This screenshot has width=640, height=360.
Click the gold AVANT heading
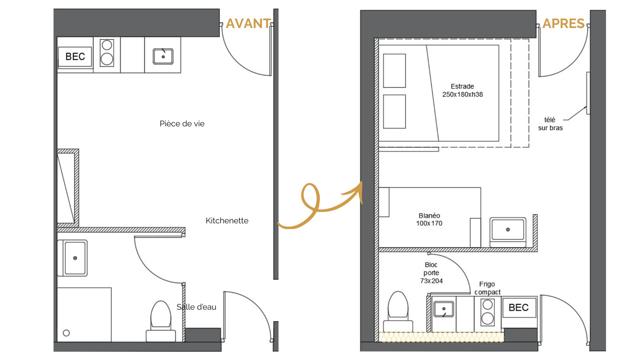(x=248, y=23)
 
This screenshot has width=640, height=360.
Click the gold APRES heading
(x=563, y=23)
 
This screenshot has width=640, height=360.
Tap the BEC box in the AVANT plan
(x=75, y=57)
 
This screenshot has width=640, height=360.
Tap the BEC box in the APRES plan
(x=519, y=308)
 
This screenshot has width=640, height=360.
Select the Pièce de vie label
(x=182, y=124)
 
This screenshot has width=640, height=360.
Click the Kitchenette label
(x=227, y=221)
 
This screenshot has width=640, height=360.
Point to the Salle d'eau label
(x=196, y=307)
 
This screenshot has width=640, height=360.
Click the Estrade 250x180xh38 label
(x=462, y=90)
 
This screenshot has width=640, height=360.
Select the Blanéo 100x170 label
(x=429, y=219)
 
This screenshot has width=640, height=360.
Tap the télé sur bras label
(x=550, y=124)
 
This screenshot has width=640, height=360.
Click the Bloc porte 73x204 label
(x=431, y=273)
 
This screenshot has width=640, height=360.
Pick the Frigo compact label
(x=487, y=288)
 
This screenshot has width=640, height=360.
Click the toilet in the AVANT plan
(x=161, y=321)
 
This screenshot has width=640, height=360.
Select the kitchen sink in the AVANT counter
(x=163, y=56)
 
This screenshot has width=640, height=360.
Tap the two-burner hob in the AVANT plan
(x=107, y=53)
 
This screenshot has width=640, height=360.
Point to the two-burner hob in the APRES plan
(x=488, y=312)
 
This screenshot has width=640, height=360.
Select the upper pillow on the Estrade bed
(x=394, y=71)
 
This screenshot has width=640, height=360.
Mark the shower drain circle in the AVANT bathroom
(x=66, y=333)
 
